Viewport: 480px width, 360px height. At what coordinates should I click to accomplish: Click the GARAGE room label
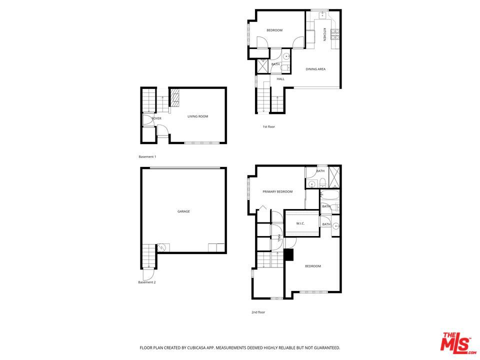pos(183,211)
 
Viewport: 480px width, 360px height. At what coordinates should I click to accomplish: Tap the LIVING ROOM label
pos(198,116)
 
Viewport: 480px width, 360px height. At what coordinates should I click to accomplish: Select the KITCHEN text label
pos(324,34)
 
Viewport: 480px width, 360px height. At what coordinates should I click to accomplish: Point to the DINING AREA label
pos(315,69)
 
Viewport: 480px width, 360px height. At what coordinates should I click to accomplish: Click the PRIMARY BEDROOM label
pos(277,191)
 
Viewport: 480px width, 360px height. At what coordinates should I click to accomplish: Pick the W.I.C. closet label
pos(300,223)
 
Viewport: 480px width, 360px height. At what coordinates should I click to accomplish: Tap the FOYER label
pos(156,118)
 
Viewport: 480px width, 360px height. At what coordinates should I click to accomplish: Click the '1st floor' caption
pos(269,126)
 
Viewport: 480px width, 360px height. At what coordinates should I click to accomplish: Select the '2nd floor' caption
pos(258,312)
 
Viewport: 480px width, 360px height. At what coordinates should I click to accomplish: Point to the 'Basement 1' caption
pos(147,156)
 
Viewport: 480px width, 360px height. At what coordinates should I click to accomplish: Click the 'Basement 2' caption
pos(147,282)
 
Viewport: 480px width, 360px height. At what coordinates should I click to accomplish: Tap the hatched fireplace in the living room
pos(174,97)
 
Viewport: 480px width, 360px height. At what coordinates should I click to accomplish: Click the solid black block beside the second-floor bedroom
pos(288,254)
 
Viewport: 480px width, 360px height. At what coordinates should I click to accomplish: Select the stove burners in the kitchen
pos(335,34)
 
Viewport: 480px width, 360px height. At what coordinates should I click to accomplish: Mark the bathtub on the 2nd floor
pos(329,195)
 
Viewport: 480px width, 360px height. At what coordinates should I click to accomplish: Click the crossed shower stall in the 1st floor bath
pos(262,66)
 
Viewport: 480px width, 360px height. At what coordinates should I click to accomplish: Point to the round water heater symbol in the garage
pos(161,247)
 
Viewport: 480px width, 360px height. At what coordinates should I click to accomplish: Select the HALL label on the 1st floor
pos(280,79)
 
